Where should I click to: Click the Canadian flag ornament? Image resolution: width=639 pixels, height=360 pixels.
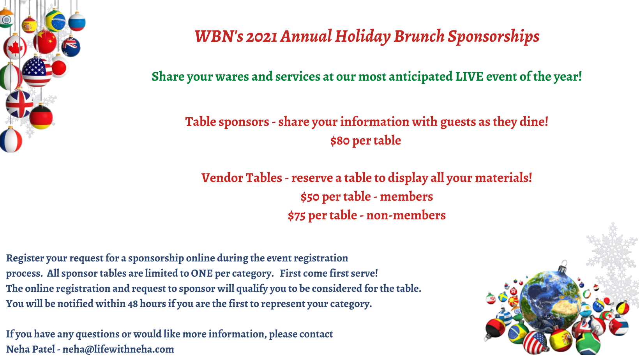(15, 47)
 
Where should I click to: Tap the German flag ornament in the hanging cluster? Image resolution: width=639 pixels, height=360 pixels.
(41, 117)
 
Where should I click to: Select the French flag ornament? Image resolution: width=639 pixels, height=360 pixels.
(11, 140)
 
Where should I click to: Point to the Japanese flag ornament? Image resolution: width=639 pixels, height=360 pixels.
(60, 67)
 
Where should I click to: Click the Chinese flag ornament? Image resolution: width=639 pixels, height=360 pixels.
(45, 41)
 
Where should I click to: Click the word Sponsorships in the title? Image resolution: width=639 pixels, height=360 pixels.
(494, 37)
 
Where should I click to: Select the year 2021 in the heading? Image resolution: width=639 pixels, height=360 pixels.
(261, 37)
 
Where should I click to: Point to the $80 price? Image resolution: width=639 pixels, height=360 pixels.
(340, 141)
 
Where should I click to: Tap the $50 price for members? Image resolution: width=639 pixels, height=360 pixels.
(310, 197)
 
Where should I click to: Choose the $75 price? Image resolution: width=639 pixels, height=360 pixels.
(297, 216)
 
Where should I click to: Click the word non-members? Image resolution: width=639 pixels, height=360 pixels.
(406, 215)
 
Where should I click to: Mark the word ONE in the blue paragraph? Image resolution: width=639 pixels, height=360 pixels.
(202, 273)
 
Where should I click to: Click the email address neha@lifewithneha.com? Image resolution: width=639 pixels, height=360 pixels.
(118, 349)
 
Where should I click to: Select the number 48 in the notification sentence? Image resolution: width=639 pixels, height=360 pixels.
(132, 304)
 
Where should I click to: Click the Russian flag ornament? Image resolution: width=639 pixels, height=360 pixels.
(77, 21)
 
